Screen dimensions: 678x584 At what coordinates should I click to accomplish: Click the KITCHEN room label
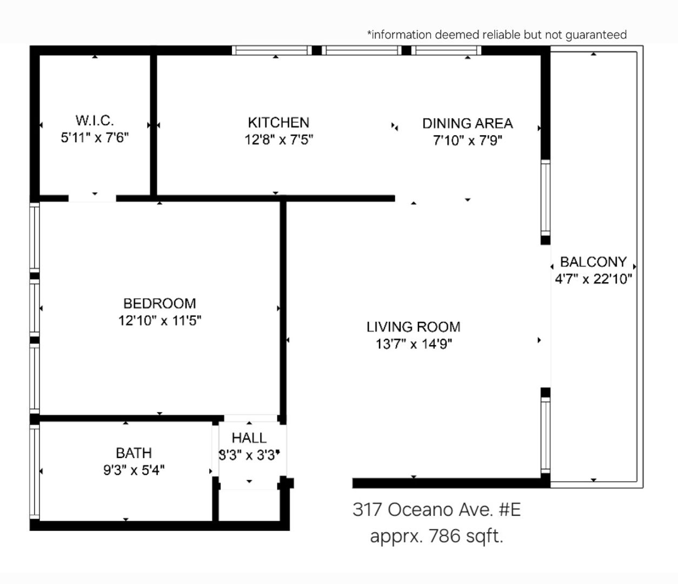pyautogui.click(x=278, y=123)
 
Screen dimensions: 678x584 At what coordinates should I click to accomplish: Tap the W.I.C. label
pyautogui.click(x=95, y=121)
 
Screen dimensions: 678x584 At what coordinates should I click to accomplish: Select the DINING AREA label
pyautogui.click(x=468, y=123)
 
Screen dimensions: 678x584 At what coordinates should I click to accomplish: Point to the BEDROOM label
pyautogui.click(x=159, y=303)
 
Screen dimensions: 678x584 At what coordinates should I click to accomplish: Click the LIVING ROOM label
pyautogui.click(x=413, y=327)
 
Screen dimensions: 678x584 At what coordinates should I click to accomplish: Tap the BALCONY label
pyautogui.click(x=593, y=262)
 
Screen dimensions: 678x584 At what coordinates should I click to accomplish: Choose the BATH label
pyautogui.click(x=134, y=453)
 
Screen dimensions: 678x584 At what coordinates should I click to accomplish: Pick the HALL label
pyautogui.click(x=249, y=438)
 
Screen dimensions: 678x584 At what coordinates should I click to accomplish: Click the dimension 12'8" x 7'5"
pyautogui.click(x=279, y=140)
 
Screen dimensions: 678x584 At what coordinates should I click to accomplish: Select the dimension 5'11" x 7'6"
pyautogui.click(x=95, y=137)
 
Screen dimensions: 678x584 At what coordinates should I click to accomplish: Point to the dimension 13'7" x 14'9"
pyautogui.click(x=414, y=344)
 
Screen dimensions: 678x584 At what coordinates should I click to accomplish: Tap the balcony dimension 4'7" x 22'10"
pyautogui.click(x=593, y=279)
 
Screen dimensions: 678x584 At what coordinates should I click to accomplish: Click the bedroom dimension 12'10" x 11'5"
pyautogui.click(x=159, y=321)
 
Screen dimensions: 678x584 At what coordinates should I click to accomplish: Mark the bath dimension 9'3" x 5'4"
pyautogui.click(x=134, y=470)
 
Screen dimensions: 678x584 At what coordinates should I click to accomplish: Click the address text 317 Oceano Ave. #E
pyautogui.click(x=436, y=509)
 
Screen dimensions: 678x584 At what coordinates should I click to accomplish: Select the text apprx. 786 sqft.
pyautogui.click(x=436, y=536)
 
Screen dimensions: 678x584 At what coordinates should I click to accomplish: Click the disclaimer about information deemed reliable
pyautogui.click(x=497, y=35)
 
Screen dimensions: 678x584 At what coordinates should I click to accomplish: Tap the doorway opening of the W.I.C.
pyautogui.click(x=92, y=198)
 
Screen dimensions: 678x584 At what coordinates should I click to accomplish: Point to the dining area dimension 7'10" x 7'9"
pyautogui.click(x=468, y=141)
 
